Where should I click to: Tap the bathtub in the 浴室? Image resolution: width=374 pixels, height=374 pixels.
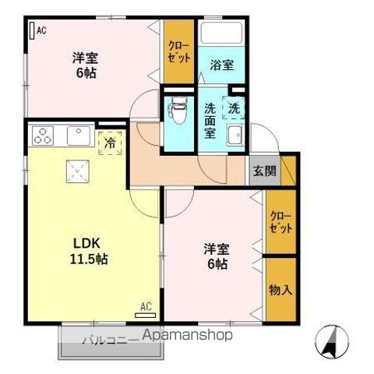click(222, 35)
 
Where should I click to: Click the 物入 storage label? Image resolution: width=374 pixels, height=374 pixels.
click(280, 291)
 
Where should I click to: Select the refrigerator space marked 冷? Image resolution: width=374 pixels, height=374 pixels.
click(111, 143)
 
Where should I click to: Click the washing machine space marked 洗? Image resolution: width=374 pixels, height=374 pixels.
click(234, 108)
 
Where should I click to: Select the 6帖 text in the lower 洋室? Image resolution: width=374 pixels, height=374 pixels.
click(217, 265)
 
